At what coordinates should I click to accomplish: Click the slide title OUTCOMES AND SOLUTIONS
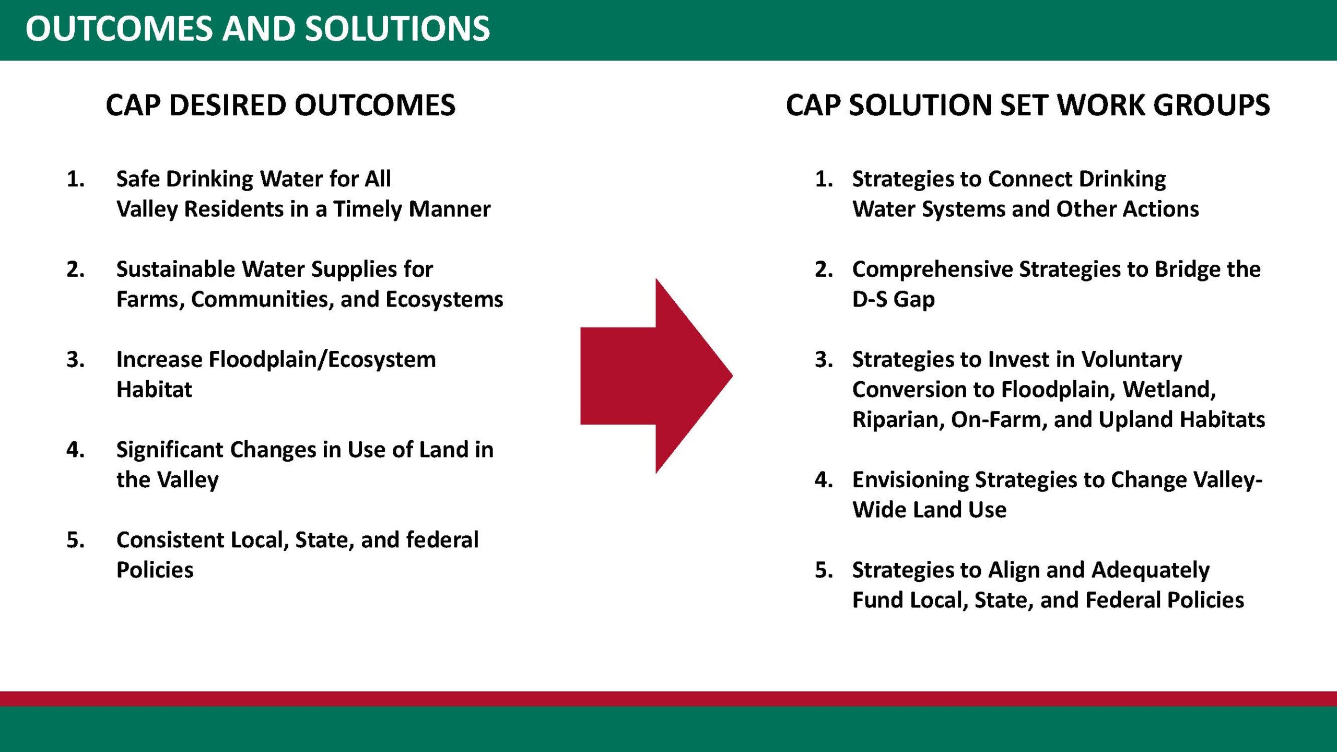tap(257, 29)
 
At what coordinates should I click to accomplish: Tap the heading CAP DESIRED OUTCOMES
tap(280, 105)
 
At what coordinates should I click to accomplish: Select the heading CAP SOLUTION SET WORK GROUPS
tap(1028, 105)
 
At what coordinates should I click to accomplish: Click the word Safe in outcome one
tap(138, 179)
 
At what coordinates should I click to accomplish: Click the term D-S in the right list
tap(870, 299)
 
